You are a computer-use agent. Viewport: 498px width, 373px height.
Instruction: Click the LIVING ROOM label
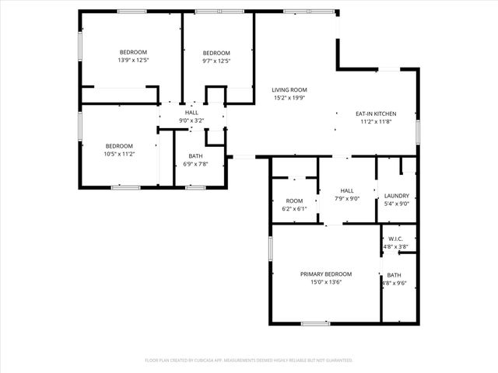coord(289,89)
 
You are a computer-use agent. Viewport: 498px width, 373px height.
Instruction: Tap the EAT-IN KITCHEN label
coord(376,113)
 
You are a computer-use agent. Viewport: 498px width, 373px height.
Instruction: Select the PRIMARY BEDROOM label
coord(326,274)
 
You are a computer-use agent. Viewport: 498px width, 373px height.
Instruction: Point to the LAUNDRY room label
coord(397,196)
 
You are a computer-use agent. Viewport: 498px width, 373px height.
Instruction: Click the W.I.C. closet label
coord(395,239)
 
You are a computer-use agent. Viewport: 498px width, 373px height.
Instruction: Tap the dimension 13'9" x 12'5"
coord(133,61)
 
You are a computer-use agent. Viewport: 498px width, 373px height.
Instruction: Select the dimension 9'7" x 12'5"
coord(216,61)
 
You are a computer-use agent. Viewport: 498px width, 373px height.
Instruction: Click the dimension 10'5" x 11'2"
coord(120,154)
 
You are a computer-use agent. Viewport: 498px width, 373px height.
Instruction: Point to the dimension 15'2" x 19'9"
coord(289,98)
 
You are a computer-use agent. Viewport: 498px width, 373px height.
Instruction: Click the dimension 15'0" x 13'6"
coord(326,282)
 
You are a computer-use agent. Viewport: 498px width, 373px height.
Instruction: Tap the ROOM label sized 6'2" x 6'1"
coord(294,200)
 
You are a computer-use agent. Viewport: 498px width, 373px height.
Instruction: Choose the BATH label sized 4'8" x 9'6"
coord(395,275)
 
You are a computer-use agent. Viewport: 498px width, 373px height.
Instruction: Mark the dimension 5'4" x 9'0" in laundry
coord(397,204)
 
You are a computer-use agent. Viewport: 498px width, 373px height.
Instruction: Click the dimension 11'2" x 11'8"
coord(376,121)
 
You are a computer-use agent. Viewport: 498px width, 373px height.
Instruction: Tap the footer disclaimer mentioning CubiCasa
coord(249,361)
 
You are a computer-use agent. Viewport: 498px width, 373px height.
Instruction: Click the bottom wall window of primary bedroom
coord(315,323)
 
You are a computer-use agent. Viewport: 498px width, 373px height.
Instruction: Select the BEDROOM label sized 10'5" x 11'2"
coord(120,145)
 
